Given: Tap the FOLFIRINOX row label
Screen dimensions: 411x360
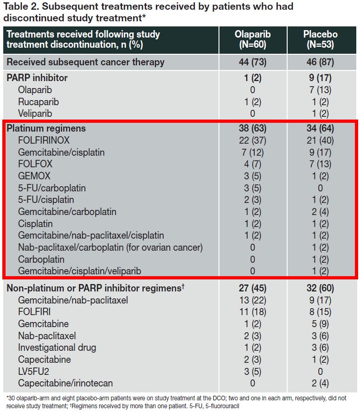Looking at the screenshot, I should (44, 140).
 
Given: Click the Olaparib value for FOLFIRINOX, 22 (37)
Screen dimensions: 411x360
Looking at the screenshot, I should (252, 140).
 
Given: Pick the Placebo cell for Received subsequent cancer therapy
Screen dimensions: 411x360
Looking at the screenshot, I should (320, 62).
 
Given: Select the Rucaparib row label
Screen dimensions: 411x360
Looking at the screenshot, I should (39, 101).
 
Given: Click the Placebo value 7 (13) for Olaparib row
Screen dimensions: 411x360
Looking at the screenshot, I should (320, 90).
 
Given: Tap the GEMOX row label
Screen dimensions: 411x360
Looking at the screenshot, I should (34, 176).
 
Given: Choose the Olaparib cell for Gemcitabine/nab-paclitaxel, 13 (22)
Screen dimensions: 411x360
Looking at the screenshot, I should (252, 300).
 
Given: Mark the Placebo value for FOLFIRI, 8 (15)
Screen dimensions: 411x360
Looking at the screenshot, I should (320, 312).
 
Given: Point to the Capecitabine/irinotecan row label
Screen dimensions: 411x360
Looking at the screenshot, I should (65, 383).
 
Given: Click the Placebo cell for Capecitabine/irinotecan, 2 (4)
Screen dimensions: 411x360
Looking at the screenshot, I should (320, 383).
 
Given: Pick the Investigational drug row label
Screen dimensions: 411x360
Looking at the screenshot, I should (58, 348).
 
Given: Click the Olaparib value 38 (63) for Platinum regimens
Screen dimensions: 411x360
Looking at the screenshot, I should (252, 128).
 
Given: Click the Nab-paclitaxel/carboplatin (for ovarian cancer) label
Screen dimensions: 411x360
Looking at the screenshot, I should (110, 247).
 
